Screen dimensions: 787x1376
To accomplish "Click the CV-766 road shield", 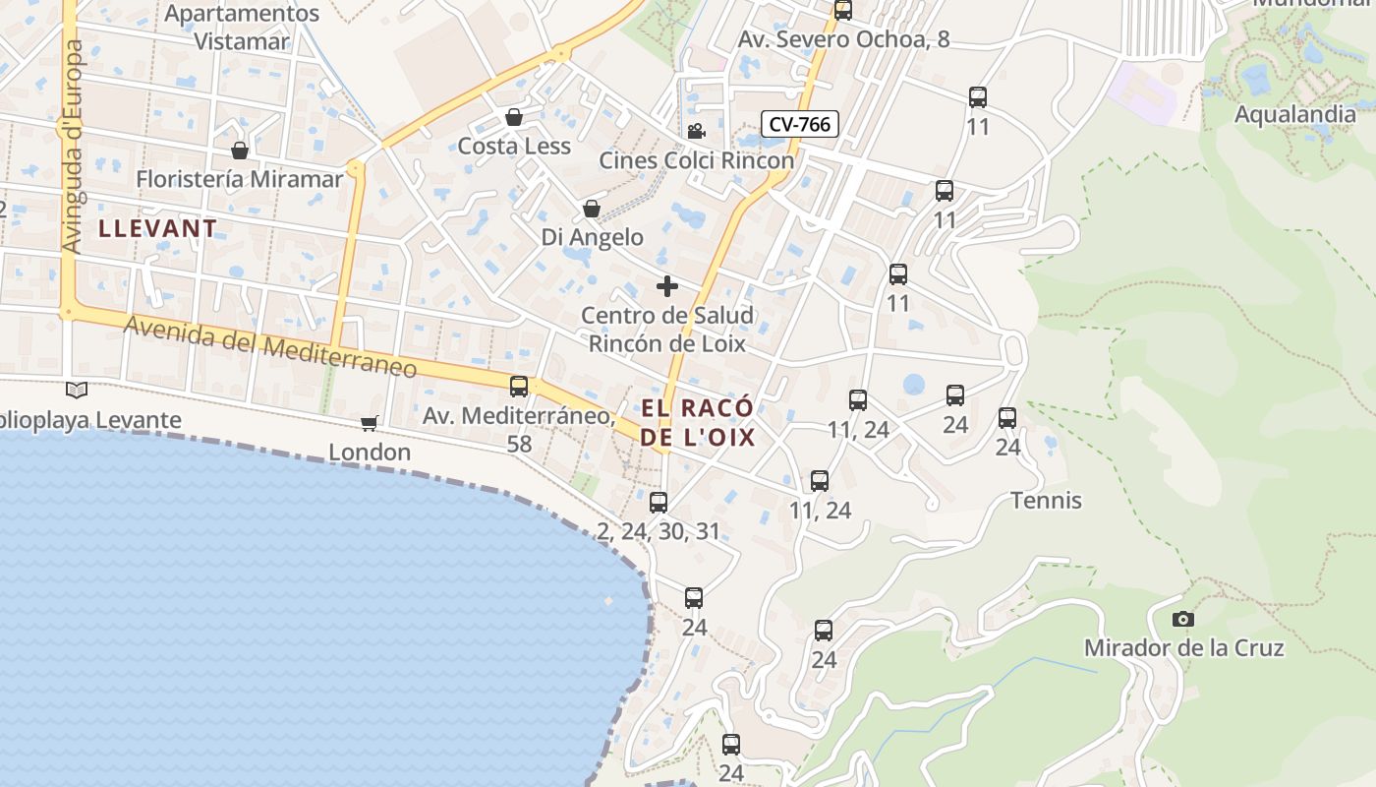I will (799, 124).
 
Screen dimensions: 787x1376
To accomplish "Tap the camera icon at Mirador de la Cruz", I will (1183, 620).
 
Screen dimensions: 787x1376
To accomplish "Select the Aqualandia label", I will (1294, 114).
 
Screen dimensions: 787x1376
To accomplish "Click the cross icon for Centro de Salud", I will (667, 286).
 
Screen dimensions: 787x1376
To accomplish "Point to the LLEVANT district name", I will (157, 228).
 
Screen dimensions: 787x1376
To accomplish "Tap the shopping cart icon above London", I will (369, 423).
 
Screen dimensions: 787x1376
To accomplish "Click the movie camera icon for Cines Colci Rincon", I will (696, 131).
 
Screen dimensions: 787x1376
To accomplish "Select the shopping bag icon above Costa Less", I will (513, 118).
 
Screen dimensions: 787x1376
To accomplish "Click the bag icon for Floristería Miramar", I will (239, 151).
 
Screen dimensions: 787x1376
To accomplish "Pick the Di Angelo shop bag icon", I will (592, 209).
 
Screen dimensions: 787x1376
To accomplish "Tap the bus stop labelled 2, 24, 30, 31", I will (659, 503).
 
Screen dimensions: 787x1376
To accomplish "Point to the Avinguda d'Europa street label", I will (72, 146).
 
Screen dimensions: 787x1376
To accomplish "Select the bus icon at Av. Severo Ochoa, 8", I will (843, 11).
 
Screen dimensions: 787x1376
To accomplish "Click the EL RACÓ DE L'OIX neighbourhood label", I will (698, 422).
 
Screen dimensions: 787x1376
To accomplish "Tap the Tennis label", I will (1046, 501).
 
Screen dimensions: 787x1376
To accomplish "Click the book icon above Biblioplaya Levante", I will (76, 391).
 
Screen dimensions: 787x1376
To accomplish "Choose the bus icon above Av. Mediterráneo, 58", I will (519, 387).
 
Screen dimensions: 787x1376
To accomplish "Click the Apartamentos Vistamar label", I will (242, 28).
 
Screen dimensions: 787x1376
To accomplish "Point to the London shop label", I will (369, 453).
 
